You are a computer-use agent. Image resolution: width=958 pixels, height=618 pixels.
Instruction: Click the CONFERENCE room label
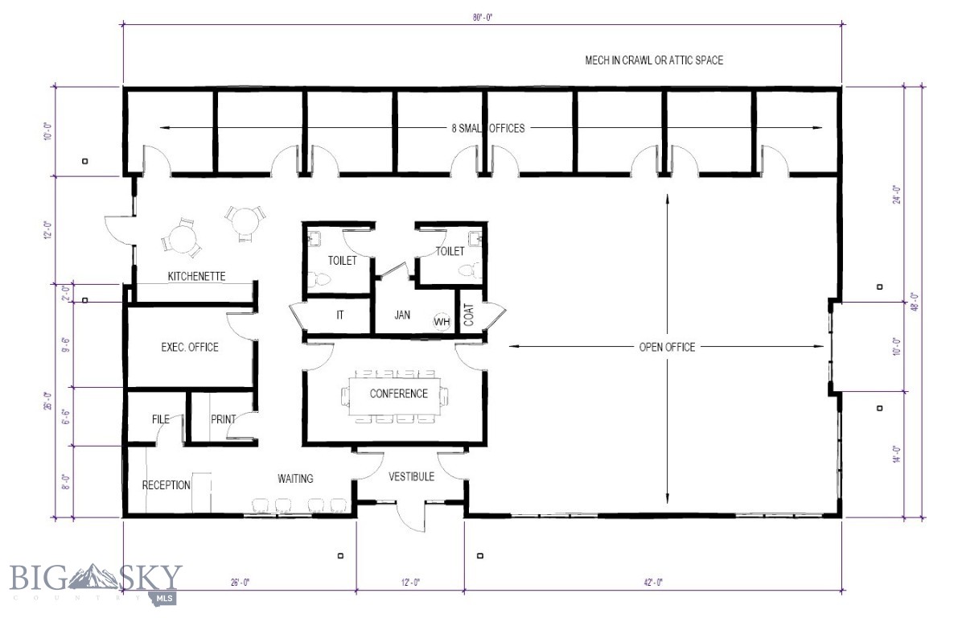pyautogui.click(x=398, y=393)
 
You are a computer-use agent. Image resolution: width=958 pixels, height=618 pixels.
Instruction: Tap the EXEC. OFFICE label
pyautogui.click(x=190, y=347)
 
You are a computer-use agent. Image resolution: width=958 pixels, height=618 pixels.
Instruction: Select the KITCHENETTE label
pyautogui.click(x=196, y=276)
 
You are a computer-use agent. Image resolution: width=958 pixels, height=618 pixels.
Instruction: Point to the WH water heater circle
pyautogui.click(x=442, y=321)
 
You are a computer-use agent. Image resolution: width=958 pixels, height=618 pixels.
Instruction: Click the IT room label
pyautogui.click(x=340, y=315)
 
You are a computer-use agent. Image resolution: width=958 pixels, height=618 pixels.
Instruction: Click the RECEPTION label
pyautogui.click(x=167, y=485)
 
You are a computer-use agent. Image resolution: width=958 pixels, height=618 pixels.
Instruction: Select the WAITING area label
pyautogui.click(x=295, y=479)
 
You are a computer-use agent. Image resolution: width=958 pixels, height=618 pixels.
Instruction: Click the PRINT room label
pyautogui.click(x=223, y=419)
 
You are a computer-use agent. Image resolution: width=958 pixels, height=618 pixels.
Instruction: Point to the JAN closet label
pyautogui.click(x=403, y=315)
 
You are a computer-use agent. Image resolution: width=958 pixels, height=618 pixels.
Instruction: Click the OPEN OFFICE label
pyautogui.click(x=667, y=347)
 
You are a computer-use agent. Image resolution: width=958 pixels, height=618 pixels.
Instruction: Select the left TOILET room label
pyautogui.click(x=342, y=261)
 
